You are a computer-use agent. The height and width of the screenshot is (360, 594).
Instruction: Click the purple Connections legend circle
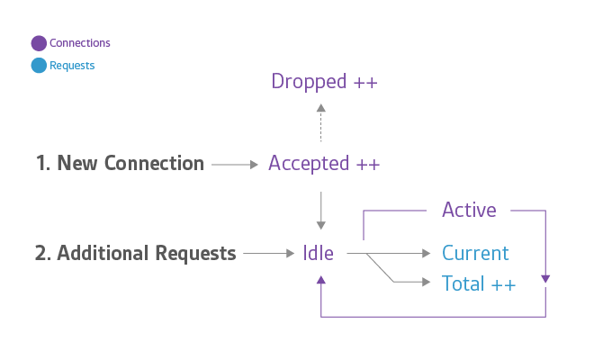(x=39, y=43)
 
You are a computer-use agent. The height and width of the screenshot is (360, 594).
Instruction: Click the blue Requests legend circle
(x=39, y=66)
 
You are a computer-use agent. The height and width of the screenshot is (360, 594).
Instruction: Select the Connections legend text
(x=80, y=43)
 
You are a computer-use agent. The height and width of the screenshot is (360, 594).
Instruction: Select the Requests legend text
(x=72, y=66)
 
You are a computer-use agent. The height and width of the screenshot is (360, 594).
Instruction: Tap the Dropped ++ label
(x=324, y=82)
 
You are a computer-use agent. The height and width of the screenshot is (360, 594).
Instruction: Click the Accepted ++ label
(x=324, y=164)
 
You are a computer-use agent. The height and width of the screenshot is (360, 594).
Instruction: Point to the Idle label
(x=318, y=254)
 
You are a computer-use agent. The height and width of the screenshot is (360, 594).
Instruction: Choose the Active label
(x=469, y=211)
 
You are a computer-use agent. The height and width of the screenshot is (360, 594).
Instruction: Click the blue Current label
(x=475, y=254)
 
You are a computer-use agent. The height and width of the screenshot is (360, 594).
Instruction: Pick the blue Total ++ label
(x=479, y=283)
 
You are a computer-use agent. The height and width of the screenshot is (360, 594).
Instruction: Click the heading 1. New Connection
(x=120, y=164)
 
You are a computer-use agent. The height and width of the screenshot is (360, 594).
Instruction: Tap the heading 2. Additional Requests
(x=135, y=254)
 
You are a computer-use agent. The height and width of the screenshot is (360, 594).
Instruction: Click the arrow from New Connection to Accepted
(x=235, y=165)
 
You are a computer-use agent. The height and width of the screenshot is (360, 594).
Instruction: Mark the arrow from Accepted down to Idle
(x=321, y=211)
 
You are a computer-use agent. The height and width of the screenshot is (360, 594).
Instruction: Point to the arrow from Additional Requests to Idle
(x=268, y=254)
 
